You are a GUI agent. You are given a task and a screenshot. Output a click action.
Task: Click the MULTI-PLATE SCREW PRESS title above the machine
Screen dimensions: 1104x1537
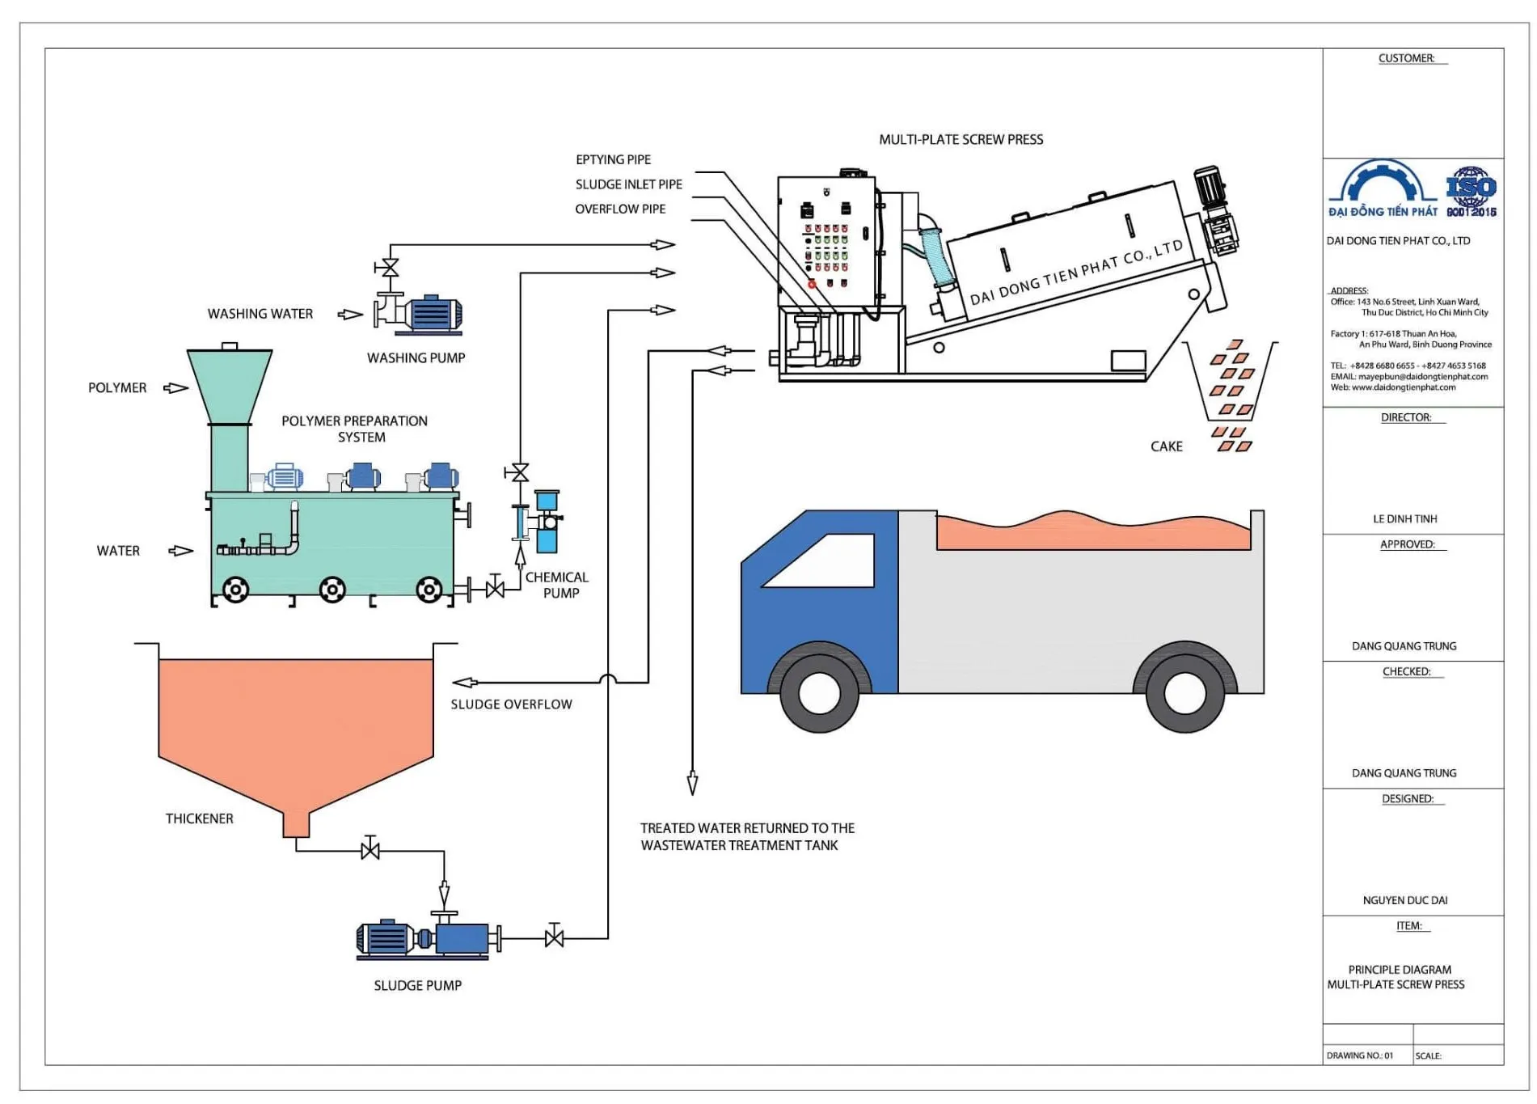pyautogui.click(x=961, y=140)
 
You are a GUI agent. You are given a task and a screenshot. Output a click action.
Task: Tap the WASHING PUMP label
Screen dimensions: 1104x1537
pyautogui.click(x=416, y=357)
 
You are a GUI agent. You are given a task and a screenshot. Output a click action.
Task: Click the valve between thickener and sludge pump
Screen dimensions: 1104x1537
pyautogui.click(x=370, y=850)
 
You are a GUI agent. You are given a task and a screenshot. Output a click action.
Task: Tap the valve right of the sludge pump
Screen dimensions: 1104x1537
pyautogui.click(x=554, y=938)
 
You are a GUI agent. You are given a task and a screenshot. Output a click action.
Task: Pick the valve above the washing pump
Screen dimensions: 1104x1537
pyautogui.click(x=390, y=268)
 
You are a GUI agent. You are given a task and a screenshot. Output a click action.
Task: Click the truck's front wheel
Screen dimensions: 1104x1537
pyautogui.click(x=819, y=693)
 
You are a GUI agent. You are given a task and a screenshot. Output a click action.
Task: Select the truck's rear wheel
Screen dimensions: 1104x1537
pyautogui.click(x=1184, y=693)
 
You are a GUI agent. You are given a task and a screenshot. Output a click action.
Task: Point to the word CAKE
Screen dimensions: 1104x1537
pyautogui.click(x=1166, y=446)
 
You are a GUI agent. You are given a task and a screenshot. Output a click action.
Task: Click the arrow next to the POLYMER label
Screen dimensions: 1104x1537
pyautogui.click(x=175, y=388)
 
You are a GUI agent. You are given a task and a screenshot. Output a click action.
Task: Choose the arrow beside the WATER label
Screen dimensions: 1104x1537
pyautogui.click(x=180, y=551)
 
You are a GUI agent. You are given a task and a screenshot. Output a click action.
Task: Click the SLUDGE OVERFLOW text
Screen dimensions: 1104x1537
pyautogui.click(x=511, y=704)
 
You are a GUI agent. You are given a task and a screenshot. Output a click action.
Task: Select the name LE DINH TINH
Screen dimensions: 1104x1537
pyautogui.click(x=1404, y=519)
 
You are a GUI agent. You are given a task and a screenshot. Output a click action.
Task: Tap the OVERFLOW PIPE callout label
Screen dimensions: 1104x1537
pyautogui.click(x=620, y=209)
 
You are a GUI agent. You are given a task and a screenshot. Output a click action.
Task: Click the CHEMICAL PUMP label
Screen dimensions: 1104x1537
pyautogui.click(x=557, y=585)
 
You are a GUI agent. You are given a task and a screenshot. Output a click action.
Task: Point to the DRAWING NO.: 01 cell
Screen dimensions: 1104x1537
pyautogui.click(x=1360, y=1055)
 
